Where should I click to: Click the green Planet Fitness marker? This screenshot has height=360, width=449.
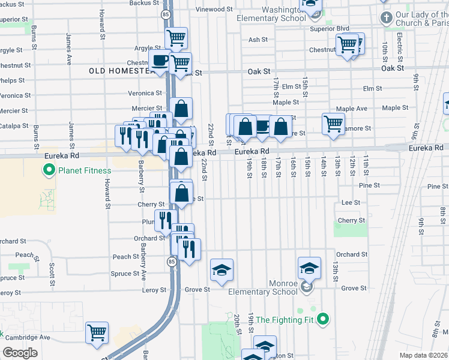coord(49,170)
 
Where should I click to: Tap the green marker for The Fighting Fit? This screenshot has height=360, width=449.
coord(323,319)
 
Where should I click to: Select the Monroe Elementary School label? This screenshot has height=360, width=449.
coord(262,287)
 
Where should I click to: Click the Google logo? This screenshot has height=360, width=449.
coord(20,353)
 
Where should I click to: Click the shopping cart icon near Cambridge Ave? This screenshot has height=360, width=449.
coord(97,332)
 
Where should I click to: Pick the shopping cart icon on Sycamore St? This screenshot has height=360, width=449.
coord(333,123)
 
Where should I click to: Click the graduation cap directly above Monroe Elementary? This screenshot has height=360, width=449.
coord(309,267)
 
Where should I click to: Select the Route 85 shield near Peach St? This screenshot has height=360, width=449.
coord(172,262)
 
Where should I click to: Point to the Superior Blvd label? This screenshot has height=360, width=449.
coord(329,28)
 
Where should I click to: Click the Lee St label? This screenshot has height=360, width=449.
coord(350,203)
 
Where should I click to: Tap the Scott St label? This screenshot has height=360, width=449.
coord(53,266)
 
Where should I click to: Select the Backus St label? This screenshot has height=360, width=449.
coord(143,3)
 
